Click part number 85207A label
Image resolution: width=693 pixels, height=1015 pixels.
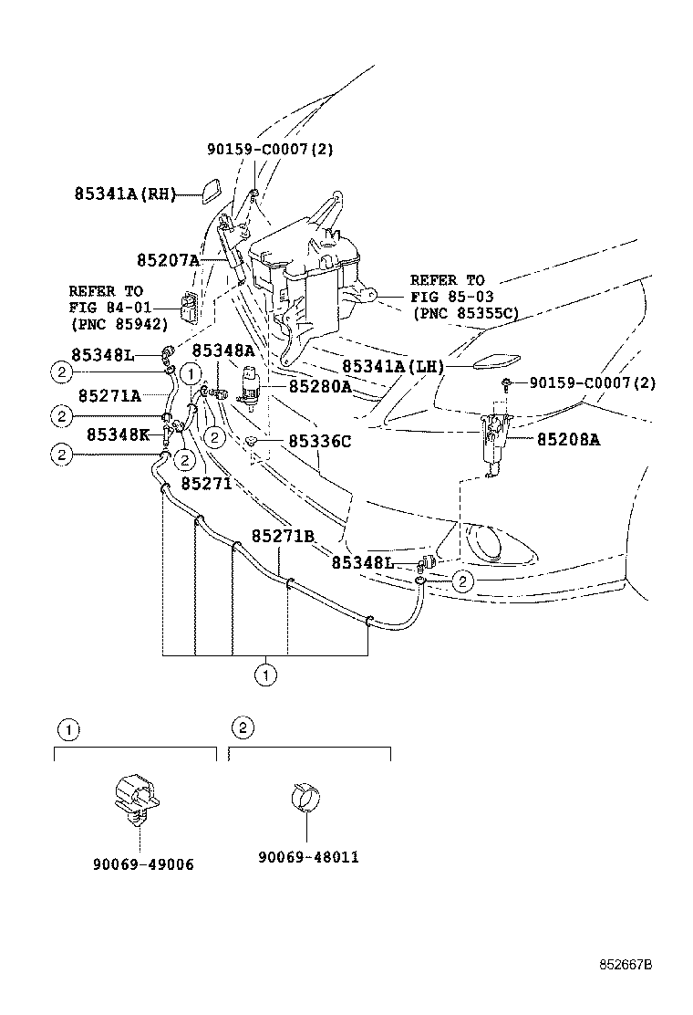(168, 260)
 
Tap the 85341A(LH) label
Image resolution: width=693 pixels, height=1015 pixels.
(393, 366)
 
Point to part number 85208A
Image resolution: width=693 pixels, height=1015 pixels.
(567, 439)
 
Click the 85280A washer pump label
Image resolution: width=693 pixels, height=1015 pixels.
(320, 386)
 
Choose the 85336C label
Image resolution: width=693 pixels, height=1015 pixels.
(319, 441)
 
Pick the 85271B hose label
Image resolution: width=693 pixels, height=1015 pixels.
(283, 535)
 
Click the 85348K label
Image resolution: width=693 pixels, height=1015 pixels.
(118, 434)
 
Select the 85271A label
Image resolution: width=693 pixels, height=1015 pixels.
(109, 395)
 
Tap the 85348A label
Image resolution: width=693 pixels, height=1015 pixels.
(223, 351)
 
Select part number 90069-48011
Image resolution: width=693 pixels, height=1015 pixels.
(308, 857)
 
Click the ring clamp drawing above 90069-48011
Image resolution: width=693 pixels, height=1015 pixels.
(305, 795)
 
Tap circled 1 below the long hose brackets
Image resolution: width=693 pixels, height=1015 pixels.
(265, 675)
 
